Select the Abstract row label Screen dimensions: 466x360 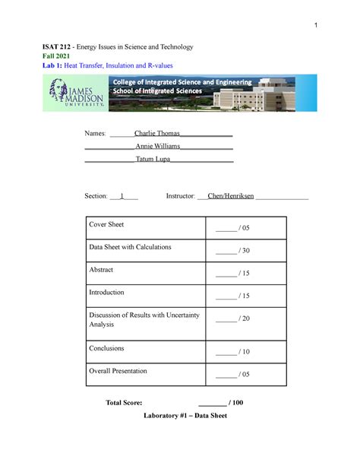coord(101,270)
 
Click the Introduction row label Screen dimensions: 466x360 coord(106,292)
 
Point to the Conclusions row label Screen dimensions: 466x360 coord(106,348)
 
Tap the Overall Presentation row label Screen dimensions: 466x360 coord(118,371)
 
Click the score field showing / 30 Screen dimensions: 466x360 coord(232,251)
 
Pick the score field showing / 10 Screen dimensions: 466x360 coord(232,352)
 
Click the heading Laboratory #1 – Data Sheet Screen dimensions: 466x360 coord(180,417)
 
